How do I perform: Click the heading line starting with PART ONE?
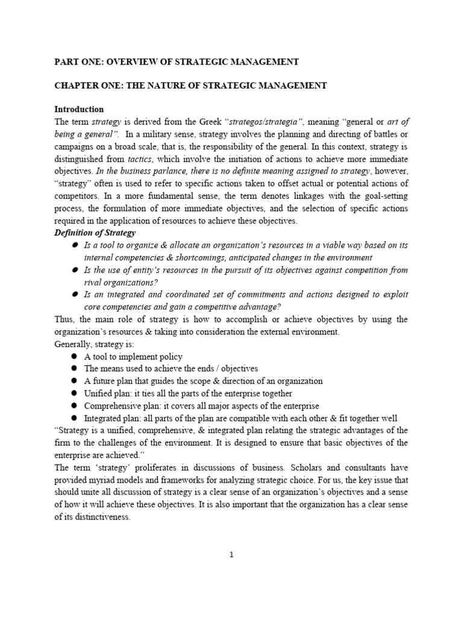[176, 61]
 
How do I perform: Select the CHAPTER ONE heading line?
[191, 86]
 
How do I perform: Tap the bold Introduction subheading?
[79, 110]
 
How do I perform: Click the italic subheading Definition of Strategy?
[95, 233]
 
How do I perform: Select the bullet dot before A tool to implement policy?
[75, 357]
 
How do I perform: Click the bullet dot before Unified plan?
[75, 393]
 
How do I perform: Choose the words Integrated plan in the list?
[106, 418]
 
